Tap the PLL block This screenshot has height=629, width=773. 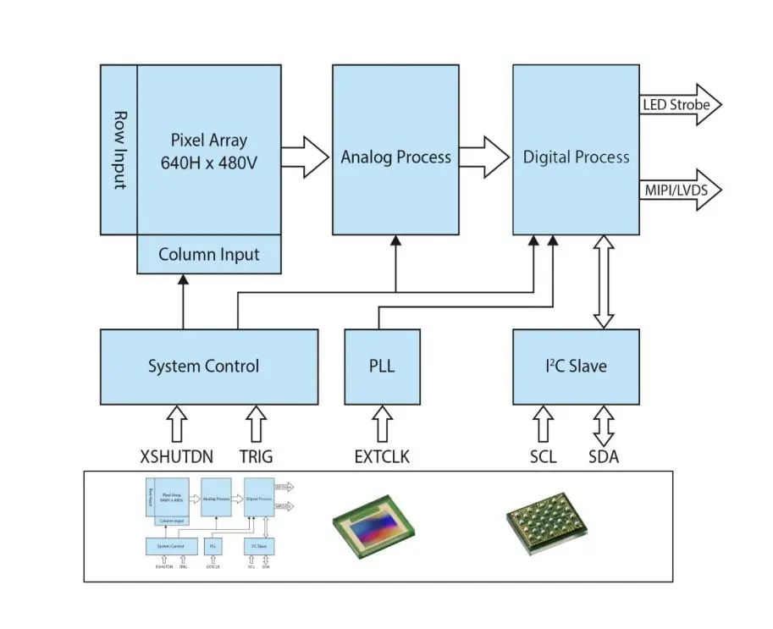(382, 367)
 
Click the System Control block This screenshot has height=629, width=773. (208, 367)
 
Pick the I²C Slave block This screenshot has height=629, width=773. (576, 367)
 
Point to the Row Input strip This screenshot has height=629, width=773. (119, 150)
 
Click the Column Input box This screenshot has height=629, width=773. (209, 254)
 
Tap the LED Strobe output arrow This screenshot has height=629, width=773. (682, 105)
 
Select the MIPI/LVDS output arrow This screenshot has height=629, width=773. (682, 190)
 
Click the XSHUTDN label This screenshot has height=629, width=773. (176, 457)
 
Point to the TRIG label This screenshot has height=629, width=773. (256, 457)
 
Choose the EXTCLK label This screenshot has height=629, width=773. (382, 457)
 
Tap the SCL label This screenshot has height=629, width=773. (543, 457)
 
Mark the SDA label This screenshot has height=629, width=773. (604, 457)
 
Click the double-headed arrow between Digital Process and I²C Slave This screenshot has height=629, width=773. (603, 282)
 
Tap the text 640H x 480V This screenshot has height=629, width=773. (208, 163)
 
